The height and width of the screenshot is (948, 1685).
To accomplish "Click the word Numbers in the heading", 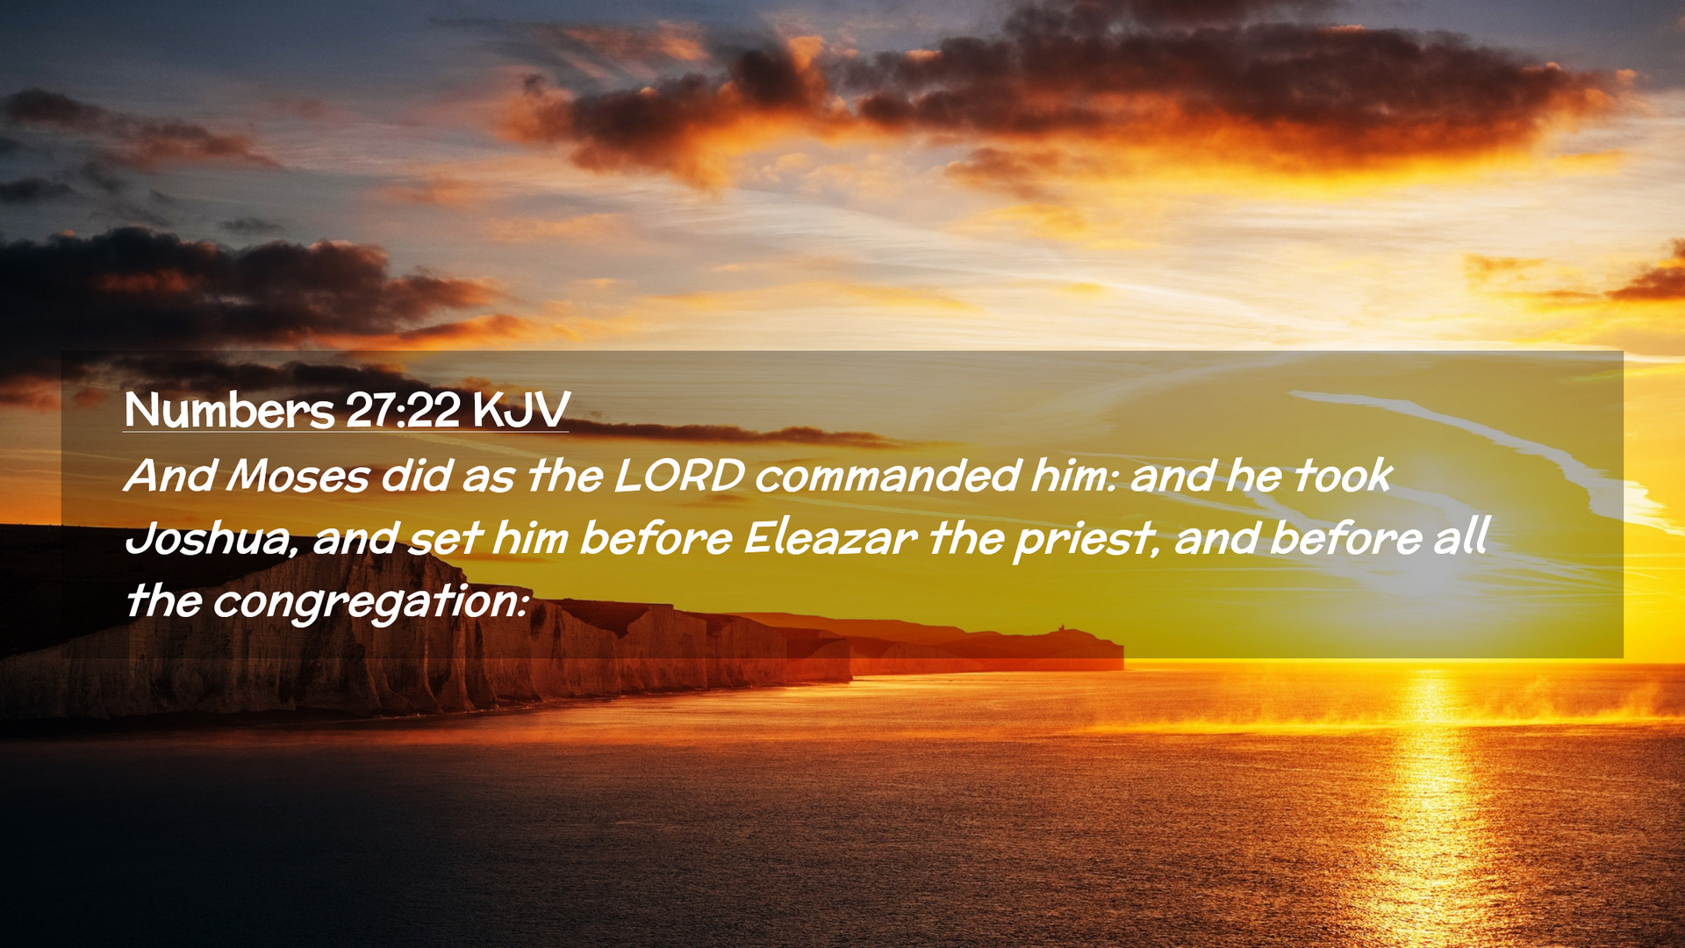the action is pyautogui.click(x=229, y=410).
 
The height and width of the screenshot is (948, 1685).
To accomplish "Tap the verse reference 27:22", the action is pyautogui.click(x=403, y=410).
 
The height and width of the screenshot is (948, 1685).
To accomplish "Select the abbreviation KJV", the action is pyautogui.click(x=521, y=410).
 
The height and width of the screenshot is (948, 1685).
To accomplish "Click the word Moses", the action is pyautogui.click(x=298, y=476).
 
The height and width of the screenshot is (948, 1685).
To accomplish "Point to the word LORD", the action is pyautogui.click(x=679, y=476).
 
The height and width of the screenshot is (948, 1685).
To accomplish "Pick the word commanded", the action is pyautogui.click(x=887, y=476).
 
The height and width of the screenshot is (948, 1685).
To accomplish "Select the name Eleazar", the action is pyautogui.click(x=830, y=538).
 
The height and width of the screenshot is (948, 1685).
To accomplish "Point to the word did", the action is pyautogui.click(x=416, y=476).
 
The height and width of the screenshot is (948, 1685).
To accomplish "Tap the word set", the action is pyautogui.click(x=445, y=538).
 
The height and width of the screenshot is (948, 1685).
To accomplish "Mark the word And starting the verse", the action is pyautogui.click(x=171, y=476).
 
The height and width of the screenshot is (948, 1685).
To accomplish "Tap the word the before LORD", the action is pyautogui.click(x=565, y=476).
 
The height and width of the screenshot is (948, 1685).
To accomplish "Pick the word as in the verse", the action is pyautogui.click(x=489, y=479).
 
